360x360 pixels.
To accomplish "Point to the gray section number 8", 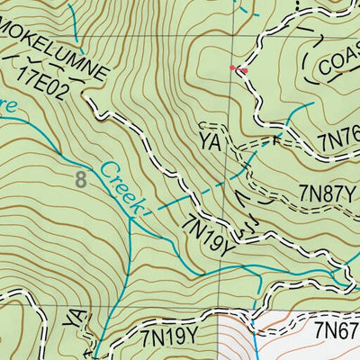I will pyautogui.click(x=82, y=180).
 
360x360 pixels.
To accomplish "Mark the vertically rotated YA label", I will pyautogui.click(x=75, y=319).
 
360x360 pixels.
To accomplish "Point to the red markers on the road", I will pyautogui.click(x=237, y=67).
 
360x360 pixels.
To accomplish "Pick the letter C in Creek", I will pyautogui.click(x=107, y=168).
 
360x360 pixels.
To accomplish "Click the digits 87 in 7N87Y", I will pyautogui.click(x=322, y=191).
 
